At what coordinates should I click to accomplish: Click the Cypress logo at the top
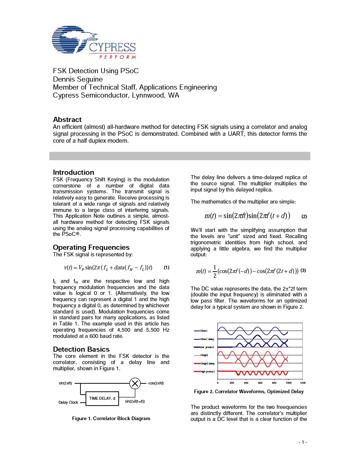94,42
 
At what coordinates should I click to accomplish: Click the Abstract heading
67,119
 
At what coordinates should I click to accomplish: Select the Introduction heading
74,172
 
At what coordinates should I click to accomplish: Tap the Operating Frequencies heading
91,247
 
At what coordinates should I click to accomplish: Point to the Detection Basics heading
81,349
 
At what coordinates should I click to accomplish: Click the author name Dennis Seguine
78,79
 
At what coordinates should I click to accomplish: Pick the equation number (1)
166,268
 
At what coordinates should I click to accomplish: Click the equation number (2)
304,216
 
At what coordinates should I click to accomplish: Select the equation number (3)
303,270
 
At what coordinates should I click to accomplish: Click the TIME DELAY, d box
102,398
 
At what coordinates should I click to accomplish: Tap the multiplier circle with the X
135,383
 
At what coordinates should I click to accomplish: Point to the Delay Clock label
68,402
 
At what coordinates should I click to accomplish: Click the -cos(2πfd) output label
155,383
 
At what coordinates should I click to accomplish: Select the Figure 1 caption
111,418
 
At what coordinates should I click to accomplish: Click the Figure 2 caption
249,391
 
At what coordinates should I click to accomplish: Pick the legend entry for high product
207,371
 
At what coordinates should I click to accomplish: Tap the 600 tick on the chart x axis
260,383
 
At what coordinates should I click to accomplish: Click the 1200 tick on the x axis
302,383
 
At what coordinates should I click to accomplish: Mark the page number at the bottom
302,442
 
